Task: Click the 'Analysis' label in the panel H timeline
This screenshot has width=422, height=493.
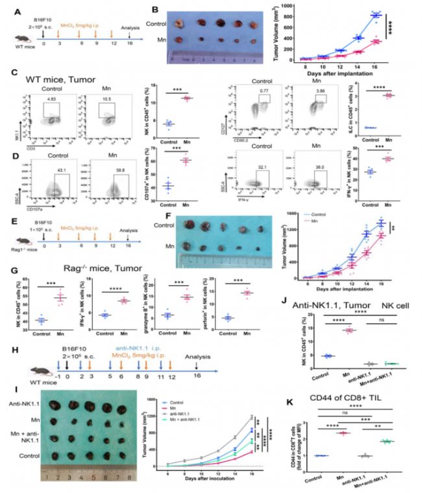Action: pyautogui.click(x=197, y=356)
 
